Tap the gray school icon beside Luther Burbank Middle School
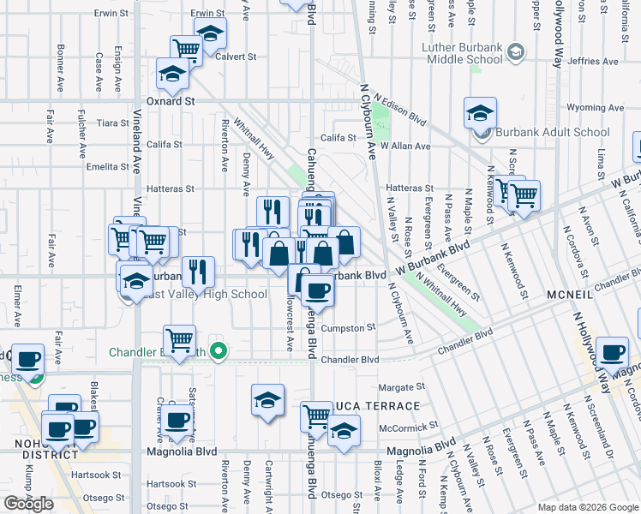514,53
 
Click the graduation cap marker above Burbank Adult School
481,113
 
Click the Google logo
28,504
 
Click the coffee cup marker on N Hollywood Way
613,352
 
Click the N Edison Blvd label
399,109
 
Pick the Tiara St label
113,123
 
